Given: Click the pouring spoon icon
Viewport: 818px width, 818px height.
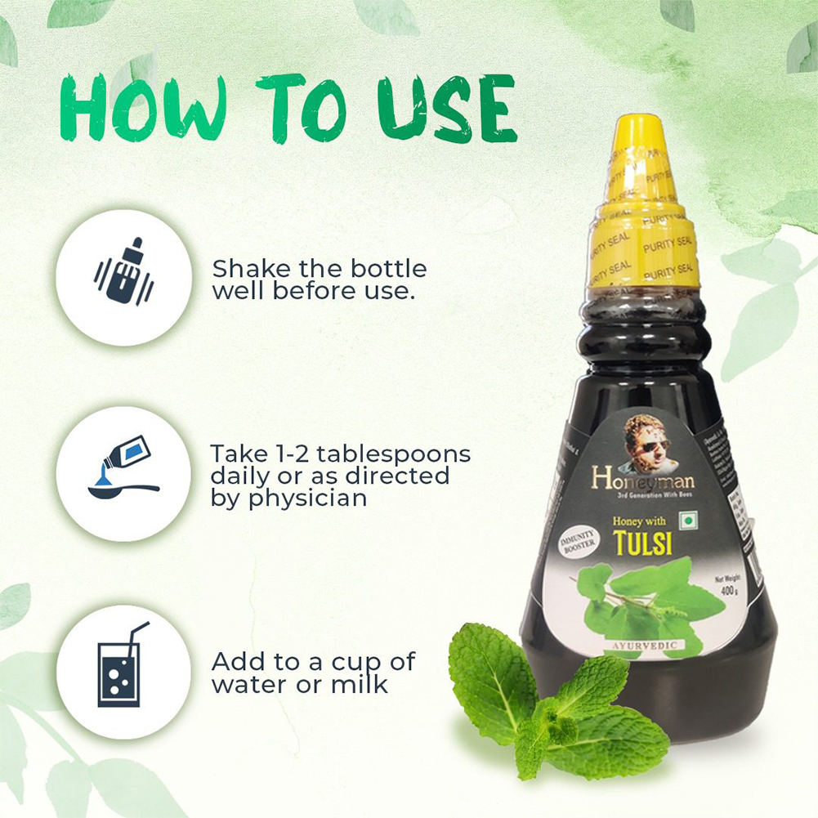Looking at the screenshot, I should point(123,473).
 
